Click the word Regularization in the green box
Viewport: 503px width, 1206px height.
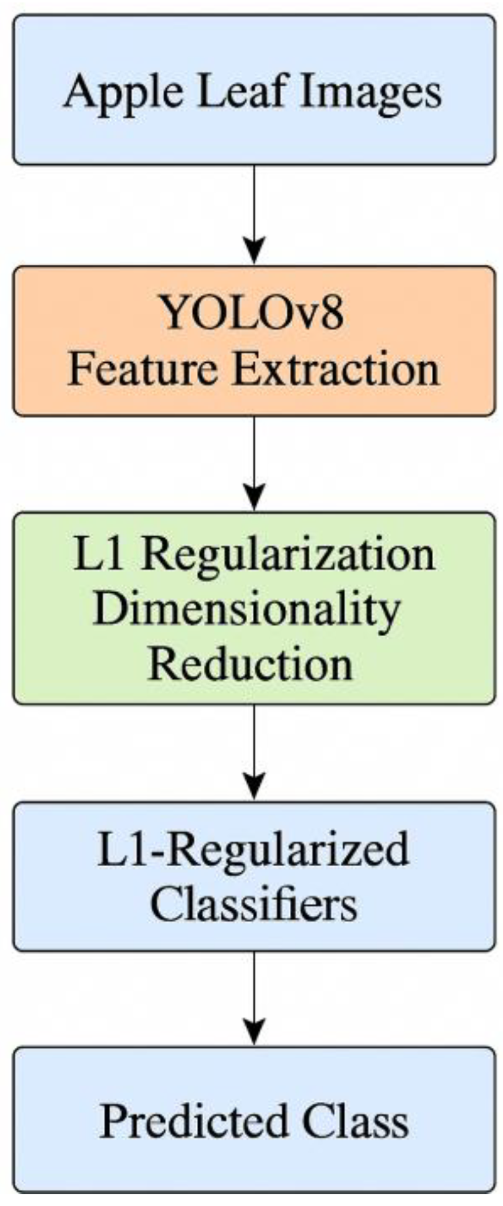point(288,554)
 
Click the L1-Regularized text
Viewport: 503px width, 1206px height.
point(253,849)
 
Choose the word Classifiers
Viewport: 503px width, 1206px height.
point(253,904)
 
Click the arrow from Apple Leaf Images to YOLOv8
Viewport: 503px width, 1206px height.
point(254,211)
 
